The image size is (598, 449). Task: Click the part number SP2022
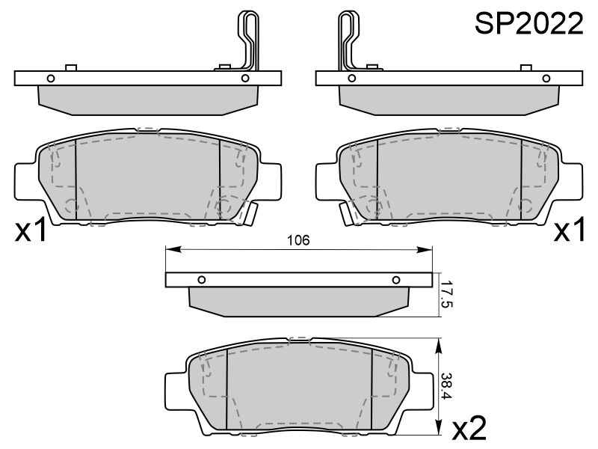[529, 24]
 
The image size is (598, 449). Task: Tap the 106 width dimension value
[298, 240]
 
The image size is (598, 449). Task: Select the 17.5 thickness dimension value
[446, 295]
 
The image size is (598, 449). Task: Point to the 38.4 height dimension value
[446, 386]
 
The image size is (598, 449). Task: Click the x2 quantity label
[469, 428]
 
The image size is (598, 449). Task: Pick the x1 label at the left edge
[31, 230]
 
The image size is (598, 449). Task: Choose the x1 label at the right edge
[569, 230]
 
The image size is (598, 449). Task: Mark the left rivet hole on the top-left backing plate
[51, 79]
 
